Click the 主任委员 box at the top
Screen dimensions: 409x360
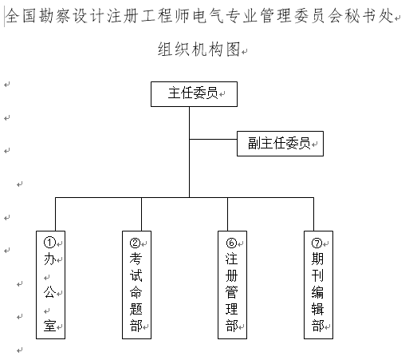194,94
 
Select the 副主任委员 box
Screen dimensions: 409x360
280,144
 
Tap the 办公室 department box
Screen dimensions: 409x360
50,285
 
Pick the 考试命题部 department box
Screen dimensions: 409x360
136,285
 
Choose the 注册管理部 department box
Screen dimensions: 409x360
232,285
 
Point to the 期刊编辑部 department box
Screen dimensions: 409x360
318,285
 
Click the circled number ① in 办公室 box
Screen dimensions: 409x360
49,243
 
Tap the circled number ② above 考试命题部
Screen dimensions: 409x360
135,243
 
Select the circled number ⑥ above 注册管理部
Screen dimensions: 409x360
231,243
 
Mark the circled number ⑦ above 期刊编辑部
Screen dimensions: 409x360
317,243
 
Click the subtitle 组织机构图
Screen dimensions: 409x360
199,49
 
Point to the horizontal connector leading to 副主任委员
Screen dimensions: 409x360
213,139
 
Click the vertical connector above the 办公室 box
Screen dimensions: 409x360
55,214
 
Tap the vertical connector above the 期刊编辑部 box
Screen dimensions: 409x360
313,214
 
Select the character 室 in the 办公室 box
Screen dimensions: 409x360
49,326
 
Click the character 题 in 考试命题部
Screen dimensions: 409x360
136,309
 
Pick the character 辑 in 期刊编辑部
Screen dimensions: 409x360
317,309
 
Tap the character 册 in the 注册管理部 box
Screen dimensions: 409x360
231,275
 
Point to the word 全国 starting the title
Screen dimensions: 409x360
21,16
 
